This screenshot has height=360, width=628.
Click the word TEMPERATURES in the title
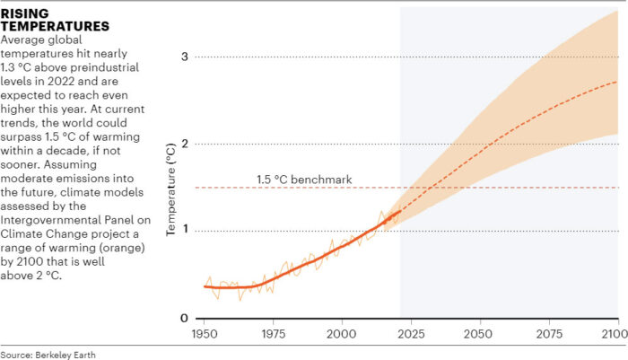point(54,27)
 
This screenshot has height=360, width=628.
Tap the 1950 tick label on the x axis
point(204,333)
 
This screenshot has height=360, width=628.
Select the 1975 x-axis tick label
point(273,333)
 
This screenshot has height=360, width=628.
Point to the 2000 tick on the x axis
point(342,333)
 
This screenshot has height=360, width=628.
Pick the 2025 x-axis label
point(411,333)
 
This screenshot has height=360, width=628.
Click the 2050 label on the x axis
point(480,333)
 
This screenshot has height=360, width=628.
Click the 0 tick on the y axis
point(185,318)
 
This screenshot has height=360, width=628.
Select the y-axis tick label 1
point(185,231)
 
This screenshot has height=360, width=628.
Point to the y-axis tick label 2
point(185,144)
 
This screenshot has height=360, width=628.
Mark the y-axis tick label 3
point(185,57)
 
